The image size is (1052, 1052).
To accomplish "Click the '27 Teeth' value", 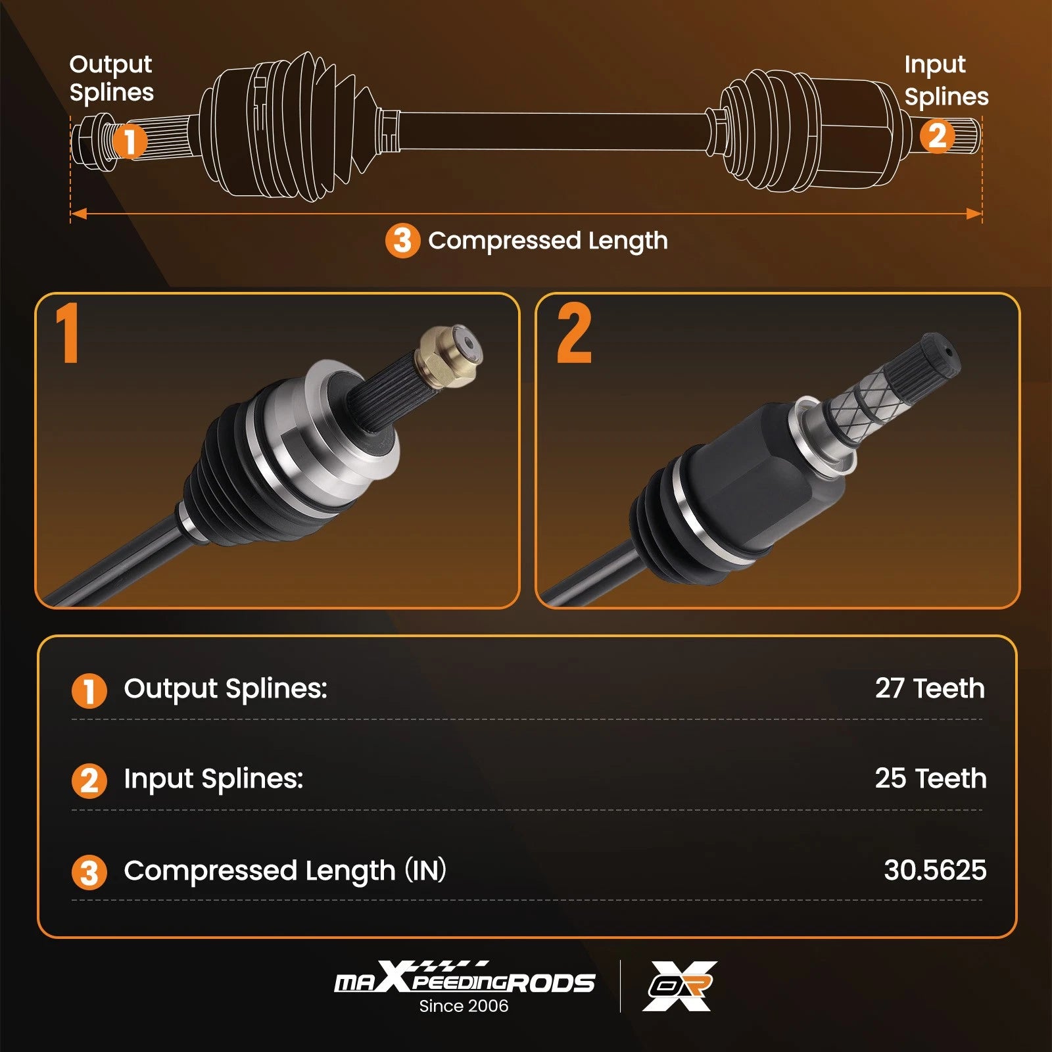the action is (x=930, y=688).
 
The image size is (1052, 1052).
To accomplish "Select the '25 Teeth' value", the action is (x=930, y=778).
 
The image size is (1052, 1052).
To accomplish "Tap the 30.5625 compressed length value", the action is (x=935, y=870).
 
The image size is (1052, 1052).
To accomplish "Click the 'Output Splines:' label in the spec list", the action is (x=226, y=689).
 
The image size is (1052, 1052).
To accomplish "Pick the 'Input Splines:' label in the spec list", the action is (x=214, y=779).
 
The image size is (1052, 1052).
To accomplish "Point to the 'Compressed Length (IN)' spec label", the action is (x=285, y=871).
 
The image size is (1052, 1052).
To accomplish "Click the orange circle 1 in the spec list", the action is (x=89, y=691).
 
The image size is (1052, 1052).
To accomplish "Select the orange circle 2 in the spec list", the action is (x=89, y=781).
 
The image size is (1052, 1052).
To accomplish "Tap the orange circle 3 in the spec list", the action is (x=89, y=873).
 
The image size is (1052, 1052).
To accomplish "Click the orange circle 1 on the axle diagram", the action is (x=130, y=141).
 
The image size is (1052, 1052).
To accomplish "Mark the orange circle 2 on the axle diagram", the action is (x=937, y=136).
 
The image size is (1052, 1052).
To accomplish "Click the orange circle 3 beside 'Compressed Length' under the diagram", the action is (x=402, y=241).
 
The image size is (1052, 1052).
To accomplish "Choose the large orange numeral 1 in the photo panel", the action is (x=67, y=333).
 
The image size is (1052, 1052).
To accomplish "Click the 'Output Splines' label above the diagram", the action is (x=111, y=78).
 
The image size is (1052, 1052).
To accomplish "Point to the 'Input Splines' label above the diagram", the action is (x=946, y=80).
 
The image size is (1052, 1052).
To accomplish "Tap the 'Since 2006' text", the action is (x=464, y=1006).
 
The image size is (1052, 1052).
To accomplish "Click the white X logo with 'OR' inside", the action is (x=680, y=986).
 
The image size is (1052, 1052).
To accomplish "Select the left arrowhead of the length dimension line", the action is (x=79, y=214).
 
